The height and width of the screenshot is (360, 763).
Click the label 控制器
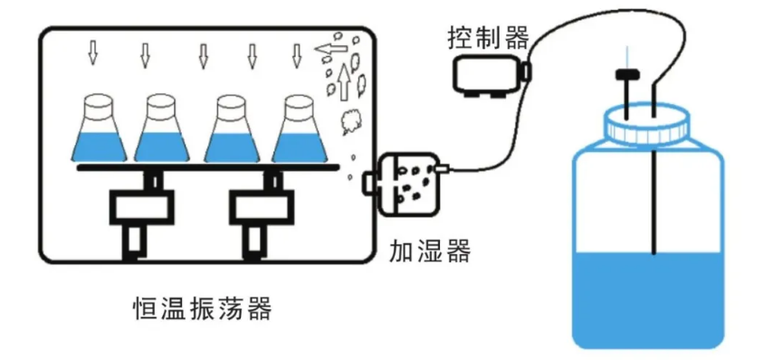pyautogui.click(x=488, y=38)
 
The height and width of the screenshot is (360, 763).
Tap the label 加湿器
pyautogui.click(x=430, y=251)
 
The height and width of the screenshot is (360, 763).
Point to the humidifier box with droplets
pyautogui.click(x=409, y=184)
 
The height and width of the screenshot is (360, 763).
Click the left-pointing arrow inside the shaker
pyautogui.click(x=331, y=48)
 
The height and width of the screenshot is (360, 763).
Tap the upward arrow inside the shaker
pyautogui.click(x=345, y=82)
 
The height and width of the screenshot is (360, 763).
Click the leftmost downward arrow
pyautogui.click(x=92, y=53)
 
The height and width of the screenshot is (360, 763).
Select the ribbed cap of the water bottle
pyautogui.click(x=647, y=126)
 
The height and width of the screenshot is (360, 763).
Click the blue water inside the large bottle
pyautogui.click(x=648, y=297)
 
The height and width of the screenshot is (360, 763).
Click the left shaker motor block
pyautogui.click(x=141, y=208)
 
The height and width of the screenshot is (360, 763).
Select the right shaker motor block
pyautogui.click(x=262, y=208)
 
